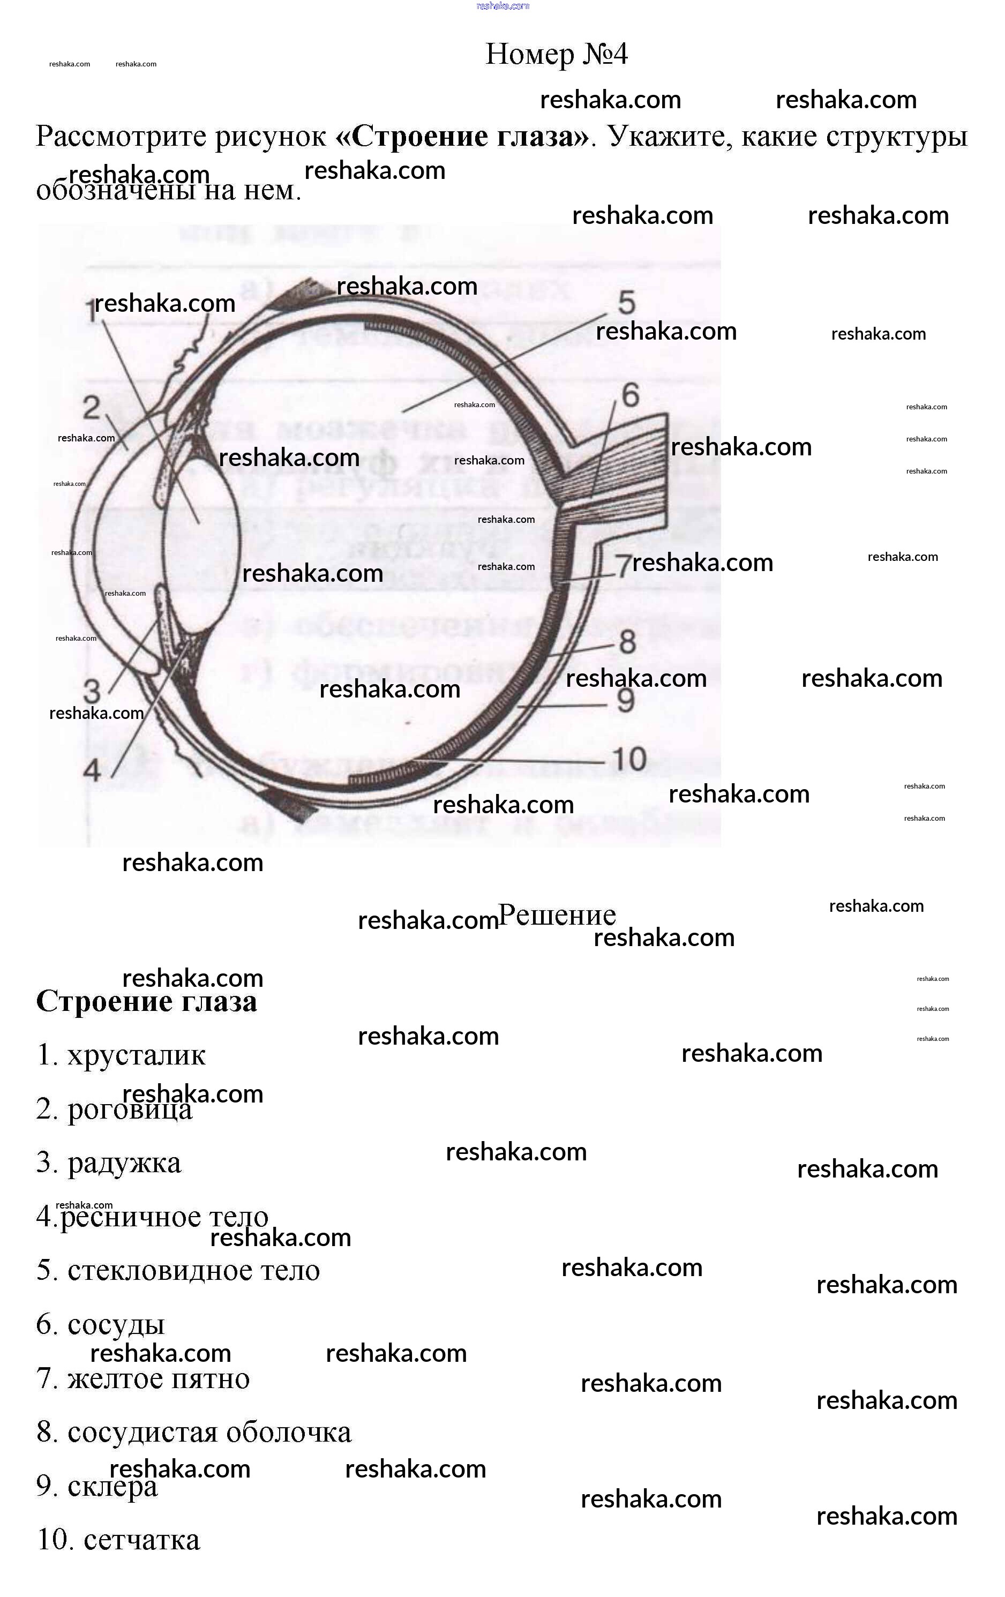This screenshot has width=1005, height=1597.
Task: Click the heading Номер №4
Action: point(556,55)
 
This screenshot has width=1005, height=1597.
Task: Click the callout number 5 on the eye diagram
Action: point(626,303)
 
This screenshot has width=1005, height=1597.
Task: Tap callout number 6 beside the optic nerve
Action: point(629,395)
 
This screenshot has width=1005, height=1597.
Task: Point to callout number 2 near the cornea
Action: point(91,407)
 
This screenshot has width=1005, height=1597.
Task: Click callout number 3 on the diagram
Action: point(92,692)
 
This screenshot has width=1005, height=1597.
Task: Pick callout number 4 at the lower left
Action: point(92,770)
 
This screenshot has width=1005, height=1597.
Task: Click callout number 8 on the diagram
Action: point(627,642)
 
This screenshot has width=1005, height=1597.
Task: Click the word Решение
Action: point(557,915)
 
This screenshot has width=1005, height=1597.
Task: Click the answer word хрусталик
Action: point(136,1055)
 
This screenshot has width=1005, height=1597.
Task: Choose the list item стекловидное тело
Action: point(193,1271)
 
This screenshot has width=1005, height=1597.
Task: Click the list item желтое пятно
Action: point(158,1379)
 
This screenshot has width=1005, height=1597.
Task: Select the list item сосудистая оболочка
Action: point(209,1433)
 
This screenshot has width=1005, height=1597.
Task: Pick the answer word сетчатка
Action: point(141,1540)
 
